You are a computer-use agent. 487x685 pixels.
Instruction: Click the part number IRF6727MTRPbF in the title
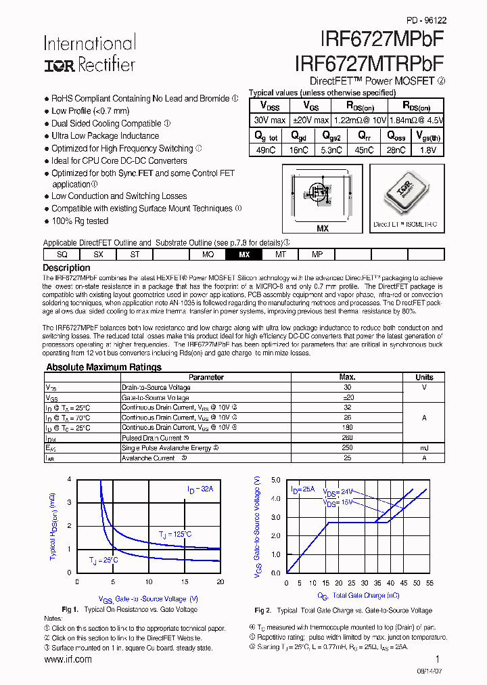click(x=369, y=63)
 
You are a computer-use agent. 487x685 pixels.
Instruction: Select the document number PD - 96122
click(x=426, y=21)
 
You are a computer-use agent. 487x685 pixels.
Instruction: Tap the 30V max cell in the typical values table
click(x=269, y=120)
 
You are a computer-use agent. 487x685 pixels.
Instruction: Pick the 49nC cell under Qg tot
click(x=266, y=150)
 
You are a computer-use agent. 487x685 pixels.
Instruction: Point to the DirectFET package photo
click(x=405, y=194)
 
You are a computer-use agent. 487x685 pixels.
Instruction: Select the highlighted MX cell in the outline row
click(x=244, y=255)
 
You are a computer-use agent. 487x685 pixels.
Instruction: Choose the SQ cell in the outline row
click(x=62, y=255)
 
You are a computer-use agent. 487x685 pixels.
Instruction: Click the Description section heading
click(x=66, y=268)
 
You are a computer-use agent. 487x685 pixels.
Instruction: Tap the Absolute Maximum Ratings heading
click(x=103, y=368)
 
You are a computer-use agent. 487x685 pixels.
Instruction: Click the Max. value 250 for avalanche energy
click(x=347, y=448)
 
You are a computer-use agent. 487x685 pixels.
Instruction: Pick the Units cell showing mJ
click(x=424, y=448)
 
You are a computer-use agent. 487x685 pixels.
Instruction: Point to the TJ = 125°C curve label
click(x=175, y=535)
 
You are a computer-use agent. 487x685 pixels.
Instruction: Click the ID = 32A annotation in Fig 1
click(x=200, y=489)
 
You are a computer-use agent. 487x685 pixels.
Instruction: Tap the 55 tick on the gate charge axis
click(x=430, y=583)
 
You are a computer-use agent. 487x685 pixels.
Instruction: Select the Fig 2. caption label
click(x=263, y=610)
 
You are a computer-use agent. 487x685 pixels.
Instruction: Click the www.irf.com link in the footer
click(x=68, y=659)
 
